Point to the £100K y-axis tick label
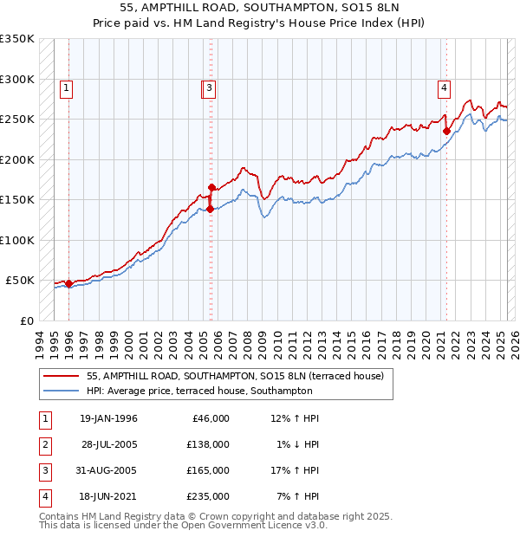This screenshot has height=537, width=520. pos(17,240)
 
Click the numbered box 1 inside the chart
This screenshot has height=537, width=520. pos(67,87)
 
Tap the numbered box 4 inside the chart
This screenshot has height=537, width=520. pos(443,87)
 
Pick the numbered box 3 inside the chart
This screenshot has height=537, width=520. pos(210,87)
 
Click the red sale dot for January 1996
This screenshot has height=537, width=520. pos(69,283)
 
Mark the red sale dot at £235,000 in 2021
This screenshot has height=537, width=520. pos(447,132)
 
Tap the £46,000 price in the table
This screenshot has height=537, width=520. pos(209,418)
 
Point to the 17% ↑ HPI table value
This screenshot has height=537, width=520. pos(295,470)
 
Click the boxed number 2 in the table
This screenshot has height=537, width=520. pos(43,444)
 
